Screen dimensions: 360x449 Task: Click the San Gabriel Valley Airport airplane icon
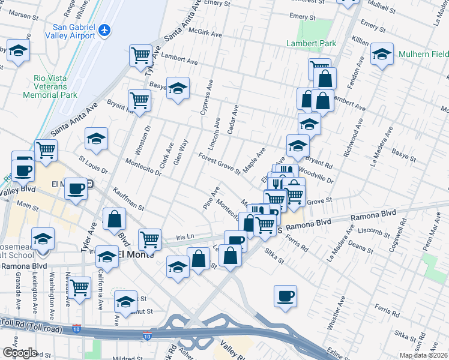click(x=105, y=29)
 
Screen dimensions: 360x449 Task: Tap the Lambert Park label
click(x=311, y=43)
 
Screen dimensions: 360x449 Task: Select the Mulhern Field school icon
click(x=382, y=55)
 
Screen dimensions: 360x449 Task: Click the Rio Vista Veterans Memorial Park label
click(x=50, y=87)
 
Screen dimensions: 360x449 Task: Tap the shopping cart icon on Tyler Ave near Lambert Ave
click(x=140, y=55)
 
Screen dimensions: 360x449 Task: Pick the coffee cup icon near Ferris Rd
click(x=285, y=295)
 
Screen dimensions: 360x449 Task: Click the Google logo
click(x=20, y=353)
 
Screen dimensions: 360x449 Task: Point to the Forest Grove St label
click(x=220, y=163)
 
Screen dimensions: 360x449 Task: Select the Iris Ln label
click(x=185, y=237)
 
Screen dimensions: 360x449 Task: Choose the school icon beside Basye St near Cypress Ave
click(x=178, y=89)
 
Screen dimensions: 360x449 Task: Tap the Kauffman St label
click(x=128, y=199)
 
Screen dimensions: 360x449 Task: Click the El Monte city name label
click(x=136, y=254)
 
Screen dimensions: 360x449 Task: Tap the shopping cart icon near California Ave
click(x=79, y=288)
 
